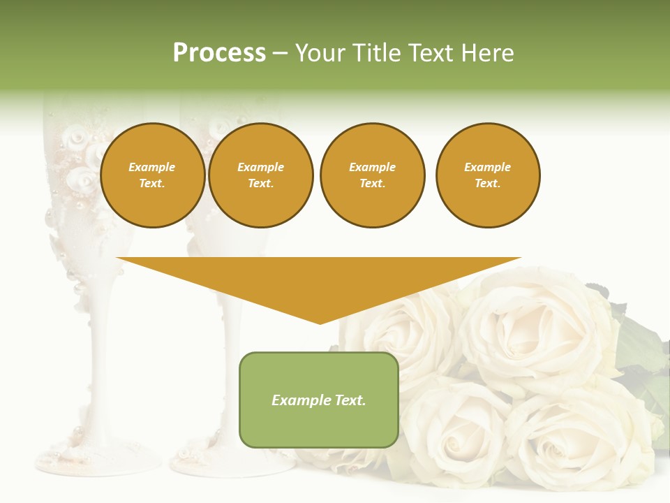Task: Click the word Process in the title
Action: point(219,53)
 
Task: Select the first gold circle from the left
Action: point(152,175)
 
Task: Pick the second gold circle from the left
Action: point(260,175)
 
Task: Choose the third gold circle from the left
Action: point(372,175)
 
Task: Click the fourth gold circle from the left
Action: point(487,175)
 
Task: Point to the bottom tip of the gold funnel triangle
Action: point(320,323)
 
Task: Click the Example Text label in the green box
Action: point(319,400)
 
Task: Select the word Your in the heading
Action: point(319,53)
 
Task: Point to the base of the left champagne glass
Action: point(98,458)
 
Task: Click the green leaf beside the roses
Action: point(639,346)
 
